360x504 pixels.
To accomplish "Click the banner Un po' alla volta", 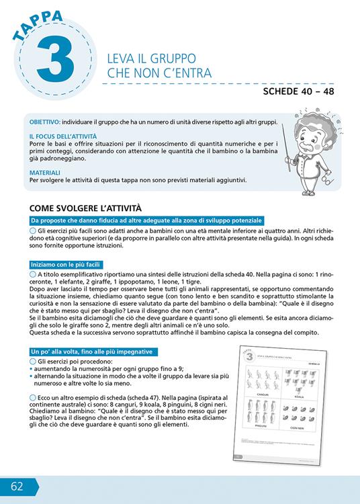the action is point(92,351).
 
